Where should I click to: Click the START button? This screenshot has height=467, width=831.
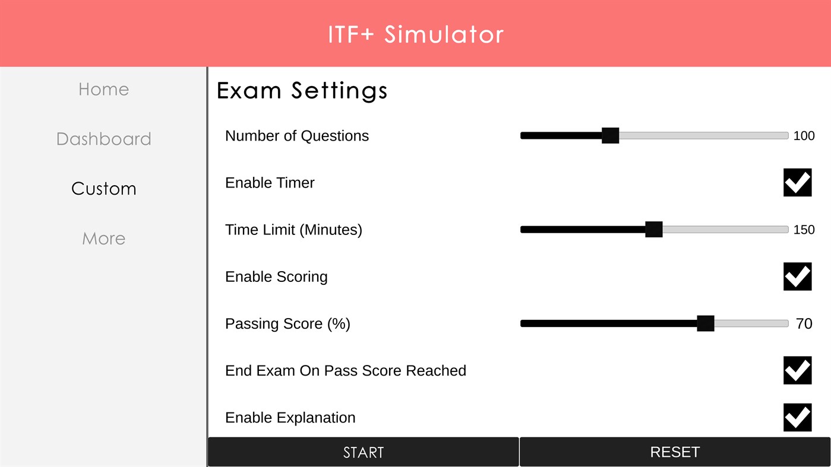[363, 452]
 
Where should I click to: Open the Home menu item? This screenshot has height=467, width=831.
[103, 90]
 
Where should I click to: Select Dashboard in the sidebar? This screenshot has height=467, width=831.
[103, 139]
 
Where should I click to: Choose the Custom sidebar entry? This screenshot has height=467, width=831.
[103, 189]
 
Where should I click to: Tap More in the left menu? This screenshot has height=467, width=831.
[103, 239]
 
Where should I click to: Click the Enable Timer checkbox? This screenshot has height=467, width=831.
[797, 182]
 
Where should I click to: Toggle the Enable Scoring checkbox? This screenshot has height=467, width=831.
[797, 277]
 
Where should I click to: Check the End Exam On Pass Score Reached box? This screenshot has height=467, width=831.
[797, 370]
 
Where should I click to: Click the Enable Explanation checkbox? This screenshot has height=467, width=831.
[797, 417]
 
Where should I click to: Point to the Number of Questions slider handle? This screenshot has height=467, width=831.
[610, 135]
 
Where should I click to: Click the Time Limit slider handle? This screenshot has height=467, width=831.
[653, 230]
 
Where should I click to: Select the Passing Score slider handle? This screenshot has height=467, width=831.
[705, 323]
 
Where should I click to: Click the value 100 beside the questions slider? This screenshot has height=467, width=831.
[804, 136]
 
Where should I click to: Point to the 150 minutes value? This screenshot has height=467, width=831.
[804, 230]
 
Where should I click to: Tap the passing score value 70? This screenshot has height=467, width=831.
[804, 324]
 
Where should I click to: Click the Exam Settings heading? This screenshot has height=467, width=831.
[302, 91]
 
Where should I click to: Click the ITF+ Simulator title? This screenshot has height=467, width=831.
[415, 34]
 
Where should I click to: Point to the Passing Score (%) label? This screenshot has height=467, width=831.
[287, 324]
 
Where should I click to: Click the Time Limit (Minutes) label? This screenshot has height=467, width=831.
[293, 230]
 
